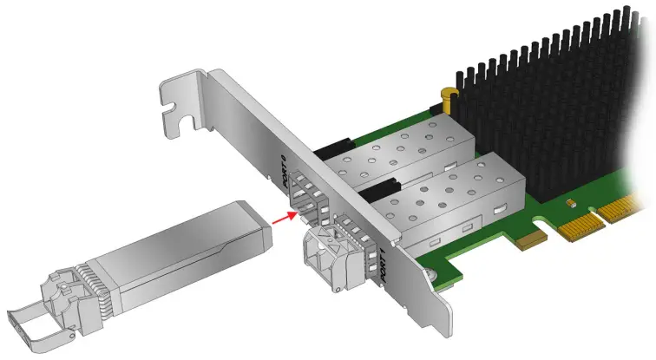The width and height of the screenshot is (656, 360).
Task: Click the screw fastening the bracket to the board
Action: [431, 276]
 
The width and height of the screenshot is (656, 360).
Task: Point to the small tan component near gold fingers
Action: [571, 203]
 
